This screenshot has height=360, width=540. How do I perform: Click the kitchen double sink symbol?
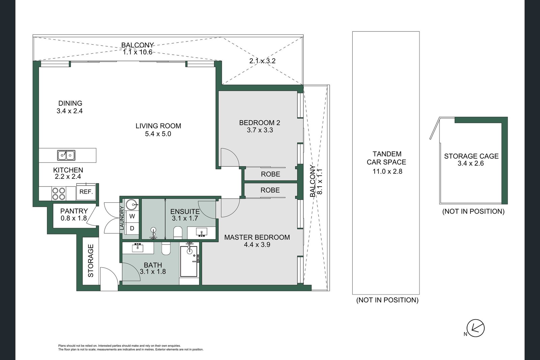pyautogui.click(x=66, y=155)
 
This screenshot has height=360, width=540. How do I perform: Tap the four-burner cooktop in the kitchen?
pyautogui.click(x=58, y=194)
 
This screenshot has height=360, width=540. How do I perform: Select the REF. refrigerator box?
pyautogui.click(x=86, y=192)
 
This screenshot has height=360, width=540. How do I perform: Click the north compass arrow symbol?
pyautogui.click(x=476, y=328)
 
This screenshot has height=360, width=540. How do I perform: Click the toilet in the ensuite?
pyautogui.click(x=178, y=232)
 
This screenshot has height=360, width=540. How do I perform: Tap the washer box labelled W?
pyautogui.click(x=132, y=216)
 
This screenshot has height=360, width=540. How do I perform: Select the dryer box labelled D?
pyautogui.click(x=132, y=228)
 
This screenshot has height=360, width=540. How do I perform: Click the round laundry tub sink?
pyautogui.click(x=132, y=204)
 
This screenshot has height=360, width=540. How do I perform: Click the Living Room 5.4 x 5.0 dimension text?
pyautogui.click(x=158, y=134)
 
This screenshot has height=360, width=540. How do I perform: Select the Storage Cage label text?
pyautogui.click(x=471, y=156)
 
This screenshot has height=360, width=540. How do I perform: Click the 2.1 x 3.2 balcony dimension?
pyautogui.click(x=262, y=61)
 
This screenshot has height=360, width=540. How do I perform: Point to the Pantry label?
pyautogui.click(x=74, y=211)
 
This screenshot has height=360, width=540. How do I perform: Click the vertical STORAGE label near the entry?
pyautogui.click(x=91, y=261)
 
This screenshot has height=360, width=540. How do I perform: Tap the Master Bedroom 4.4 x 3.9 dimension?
pyautogui.click(x=257, y=245)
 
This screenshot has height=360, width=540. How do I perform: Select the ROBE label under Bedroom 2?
pyautogui.click(x=270, y=174)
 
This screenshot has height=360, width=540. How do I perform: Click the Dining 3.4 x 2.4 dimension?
pyautogui.click(x=70, y=111)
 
